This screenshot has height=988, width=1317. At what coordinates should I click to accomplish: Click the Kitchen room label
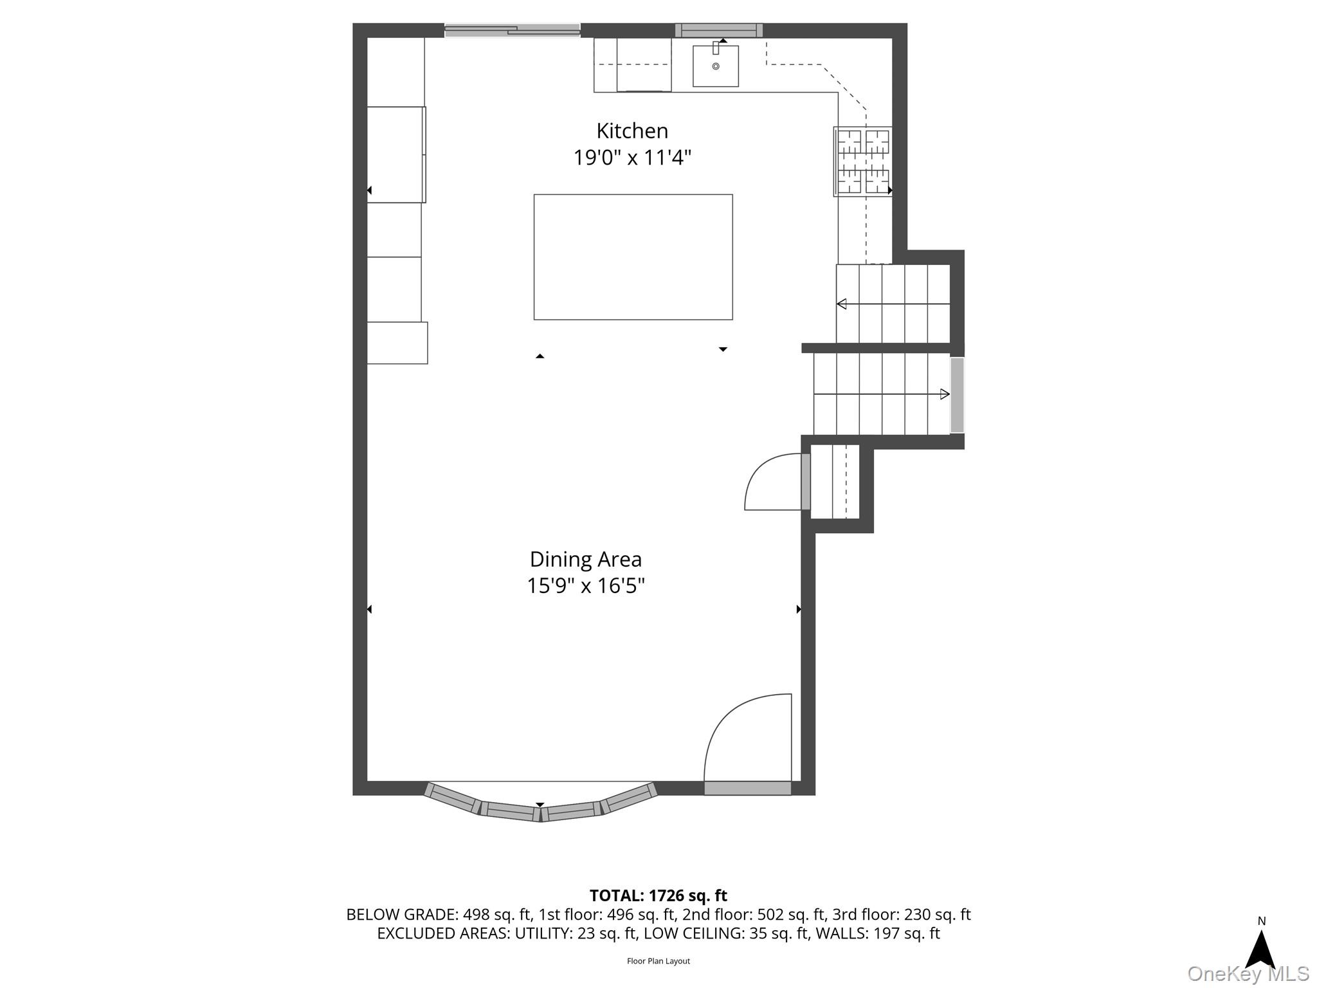(x=632, y=131)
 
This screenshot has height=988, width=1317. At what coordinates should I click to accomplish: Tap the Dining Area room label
(x=585, y=560)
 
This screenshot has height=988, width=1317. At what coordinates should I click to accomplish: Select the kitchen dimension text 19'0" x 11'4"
(x=632, y=158)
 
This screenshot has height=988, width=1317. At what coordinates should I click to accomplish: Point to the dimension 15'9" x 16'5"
(x=585, y=586)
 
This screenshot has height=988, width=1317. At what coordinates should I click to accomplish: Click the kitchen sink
(x=715, y=65)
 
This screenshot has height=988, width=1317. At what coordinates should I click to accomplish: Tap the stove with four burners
(x=862, y=161)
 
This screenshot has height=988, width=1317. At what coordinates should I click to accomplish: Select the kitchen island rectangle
(x=633, y=257)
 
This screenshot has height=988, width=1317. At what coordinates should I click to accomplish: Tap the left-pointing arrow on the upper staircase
(x=893, y=304)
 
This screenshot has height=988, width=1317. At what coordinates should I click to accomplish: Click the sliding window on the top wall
(x=513, y=30)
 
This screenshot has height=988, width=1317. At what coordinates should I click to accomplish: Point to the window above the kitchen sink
(x=719, y=30)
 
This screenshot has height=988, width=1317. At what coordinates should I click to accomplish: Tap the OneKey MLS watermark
(x=1248, y=973)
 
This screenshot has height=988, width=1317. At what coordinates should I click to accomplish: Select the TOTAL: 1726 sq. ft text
(x=658, y=895)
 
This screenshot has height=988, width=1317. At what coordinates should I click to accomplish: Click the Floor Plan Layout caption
(x=658, y=961)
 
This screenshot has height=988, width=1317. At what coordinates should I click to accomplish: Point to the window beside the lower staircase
(x=957, y=395)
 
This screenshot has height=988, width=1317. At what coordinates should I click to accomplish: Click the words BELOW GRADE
(x=401, y=915)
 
